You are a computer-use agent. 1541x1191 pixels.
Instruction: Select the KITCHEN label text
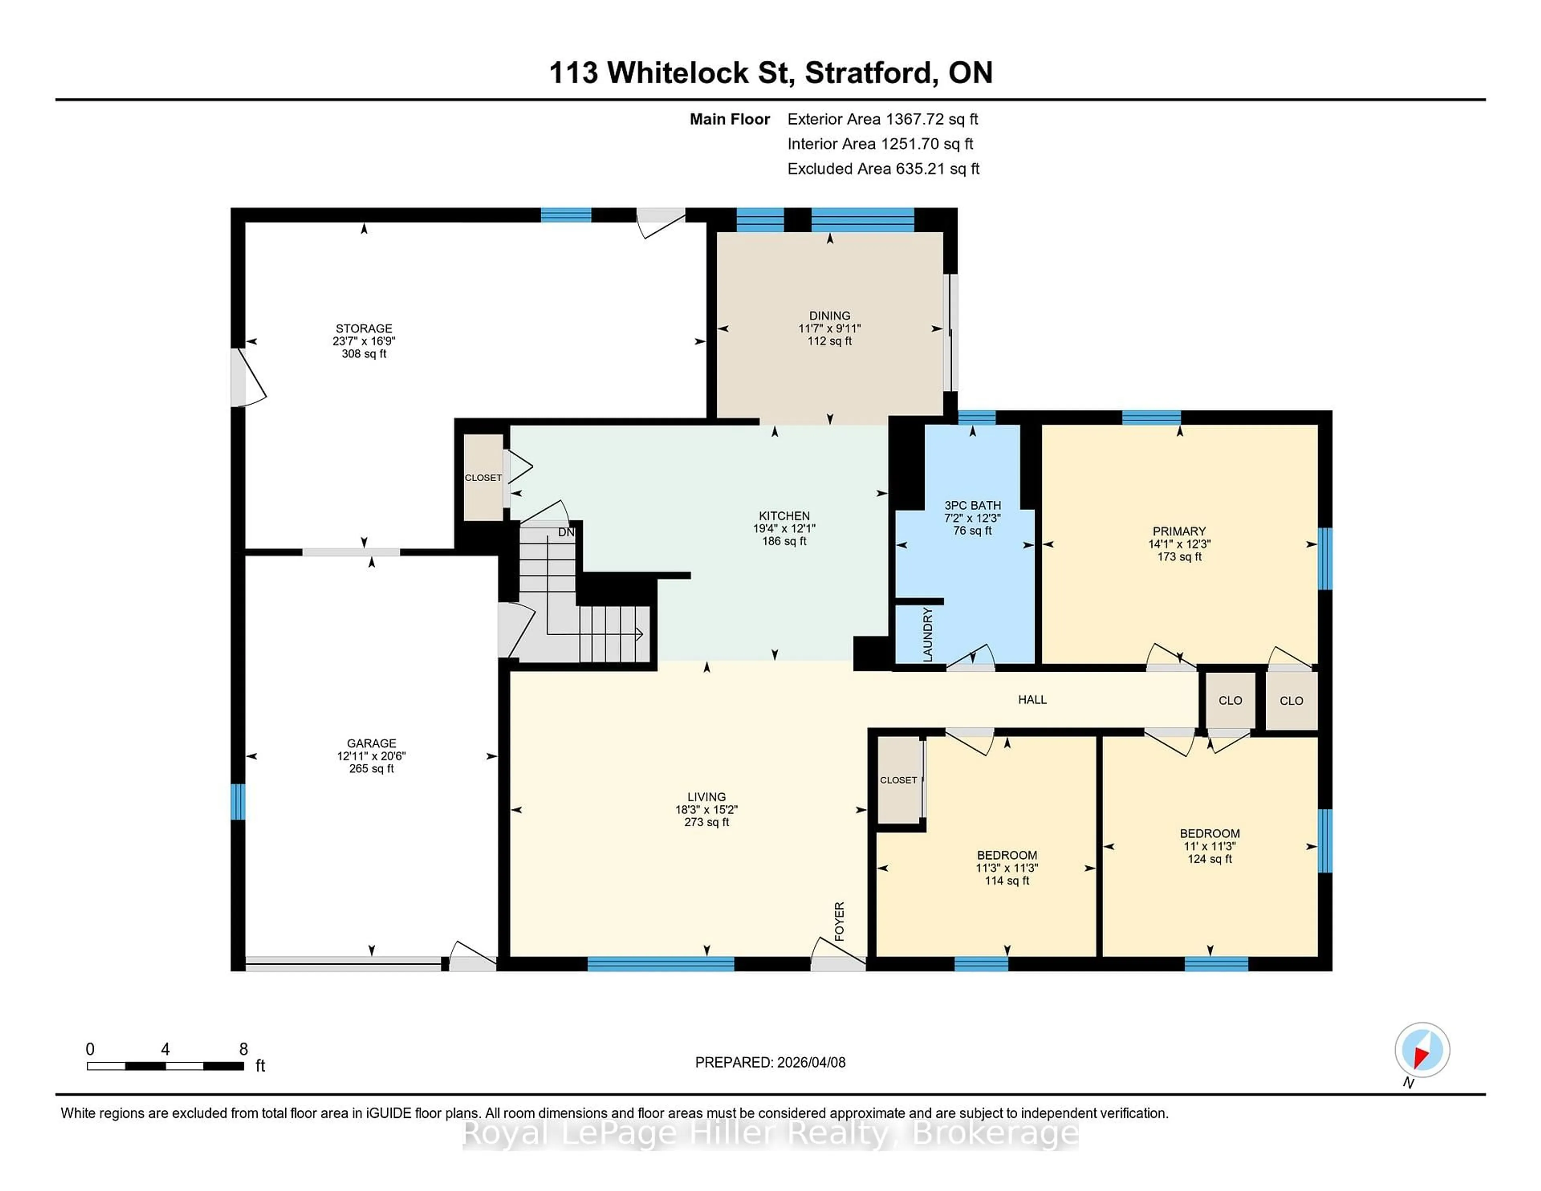784,516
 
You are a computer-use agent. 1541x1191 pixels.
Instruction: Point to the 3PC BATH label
972,505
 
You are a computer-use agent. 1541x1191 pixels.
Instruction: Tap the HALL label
1032,699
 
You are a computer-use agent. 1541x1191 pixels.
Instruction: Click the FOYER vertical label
840,921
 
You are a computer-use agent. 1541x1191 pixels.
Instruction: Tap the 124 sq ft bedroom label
1210,859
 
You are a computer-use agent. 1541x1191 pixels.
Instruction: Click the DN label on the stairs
566,532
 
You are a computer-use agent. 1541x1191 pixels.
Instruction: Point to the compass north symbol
1422,1050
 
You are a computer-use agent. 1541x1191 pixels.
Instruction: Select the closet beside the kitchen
483,478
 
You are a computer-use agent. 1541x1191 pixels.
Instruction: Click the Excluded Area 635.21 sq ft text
883,169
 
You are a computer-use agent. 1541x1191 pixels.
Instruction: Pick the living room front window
661,964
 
